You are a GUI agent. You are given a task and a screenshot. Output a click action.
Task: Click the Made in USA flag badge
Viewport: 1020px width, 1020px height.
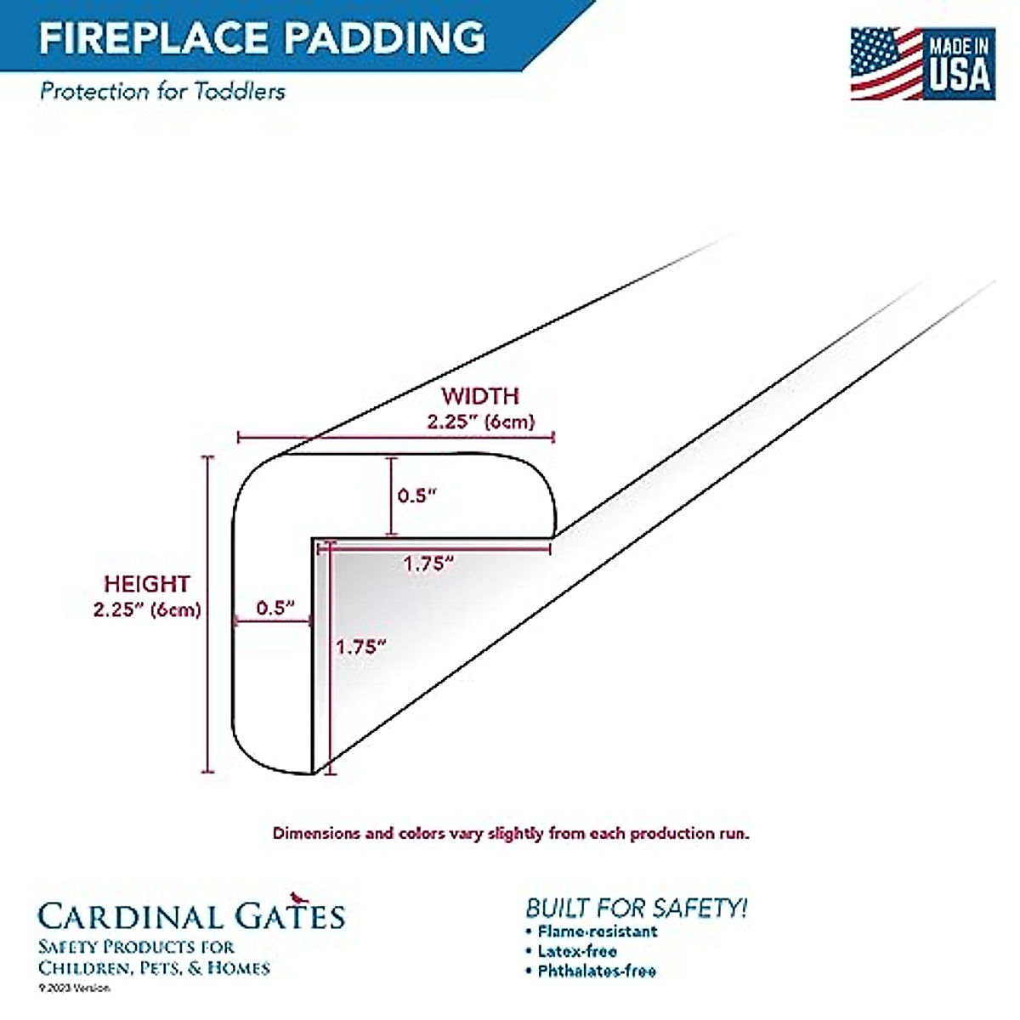pyautogui.click(x=922, y=63)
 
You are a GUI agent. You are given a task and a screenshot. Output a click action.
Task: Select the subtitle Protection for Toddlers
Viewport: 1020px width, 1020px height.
pyautogui.click(x=162, y=91)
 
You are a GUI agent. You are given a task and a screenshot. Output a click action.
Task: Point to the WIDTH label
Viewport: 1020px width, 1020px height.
pyautogui.click(x=479, y=396)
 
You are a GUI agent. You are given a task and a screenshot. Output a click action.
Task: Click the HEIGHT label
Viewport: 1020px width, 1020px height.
pyautogui.click(x=146, y=584)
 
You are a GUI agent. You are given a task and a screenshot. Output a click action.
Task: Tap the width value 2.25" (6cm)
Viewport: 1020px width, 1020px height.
pyautogui.click(x=479, y=422)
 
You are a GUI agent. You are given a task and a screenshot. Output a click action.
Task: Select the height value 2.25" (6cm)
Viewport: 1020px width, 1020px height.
pyautogui.click(x=146, y=609)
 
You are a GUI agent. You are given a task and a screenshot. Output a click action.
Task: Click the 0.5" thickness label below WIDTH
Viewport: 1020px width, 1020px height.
pyautogui.click(x=416, y=496)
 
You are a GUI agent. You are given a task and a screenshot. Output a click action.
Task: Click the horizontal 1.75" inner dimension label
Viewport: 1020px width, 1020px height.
pyautogui.click(x=428, y=563)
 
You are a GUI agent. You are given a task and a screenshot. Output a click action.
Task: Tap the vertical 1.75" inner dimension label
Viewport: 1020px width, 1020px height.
pyautogui.click(x=360, y=646)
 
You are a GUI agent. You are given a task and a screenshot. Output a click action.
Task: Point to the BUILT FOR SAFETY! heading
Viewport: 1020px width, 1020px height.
pyautogui.click(x=637, y=907)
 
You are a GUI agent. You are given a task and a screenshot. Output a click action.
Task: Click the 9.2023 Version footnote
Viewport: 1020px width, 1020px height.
pyautogui.click(x=75, y=988)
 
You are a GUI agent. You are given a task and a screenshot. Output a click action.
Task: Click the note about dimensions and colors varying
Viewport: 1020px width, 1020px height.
pyautogui.click(x=511, y=833)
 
